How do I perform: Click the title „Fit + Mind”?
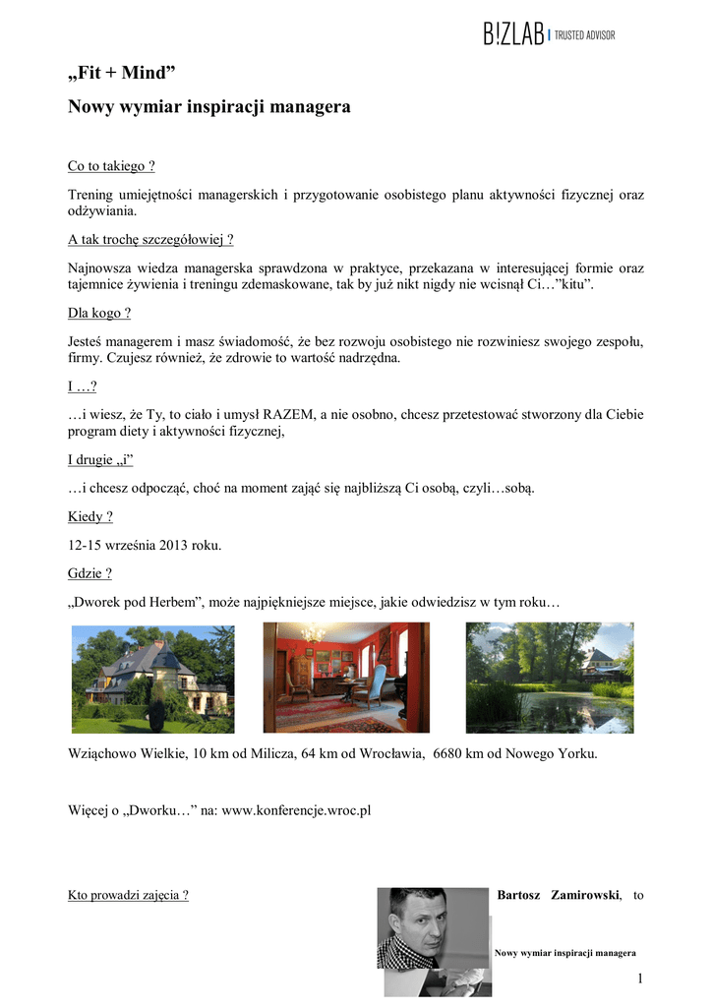pos(122,73)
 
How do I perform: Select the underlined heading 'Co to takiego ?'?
pos(111,166)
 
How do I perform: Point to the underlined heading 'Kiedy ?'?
pos(89,516)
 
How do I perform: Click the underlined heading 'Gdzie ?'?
pos(89,572)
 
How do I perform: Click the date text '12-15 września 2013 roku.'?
pos(145,545)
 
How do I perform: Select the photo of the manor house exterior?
pos(153,678)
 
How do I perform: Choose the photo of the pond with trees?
pos(549,678)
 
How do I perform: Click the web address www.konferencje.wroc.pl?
pos(297,811)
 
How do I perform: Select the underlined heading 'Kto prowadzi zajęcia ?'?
pos(128,895)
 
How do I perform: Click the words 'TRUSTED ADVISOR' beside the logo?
pos(585,36)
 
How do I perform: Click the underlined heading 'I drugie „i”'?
pos(100,460)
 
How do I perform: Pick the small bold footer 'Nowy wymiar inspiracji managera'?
pos(564,953)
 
